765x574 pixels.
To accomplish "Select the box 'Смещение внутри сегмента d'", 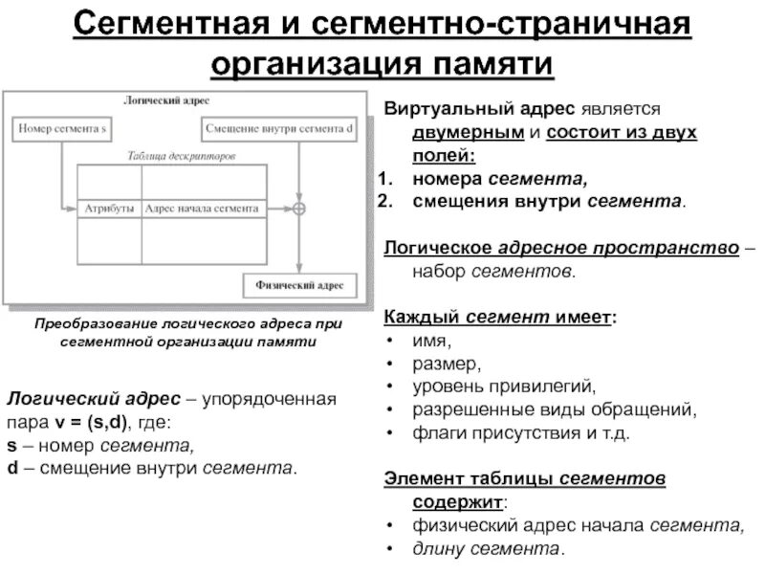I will [278, 127].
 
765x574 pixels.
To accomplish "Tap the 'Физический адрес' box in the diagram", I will [299, 284].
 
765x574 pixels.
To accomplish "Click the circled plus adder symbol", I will [299, 208].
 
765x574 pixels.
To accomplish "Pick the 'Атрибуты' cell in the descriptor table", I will [108, 208].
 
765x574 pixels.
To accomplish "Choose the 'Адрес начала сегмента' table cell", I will [202, 208].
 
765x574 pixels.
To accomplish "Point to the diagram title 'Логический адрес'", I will [180, 99].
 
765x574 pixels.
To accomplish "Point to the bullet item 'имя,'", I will [428, 341].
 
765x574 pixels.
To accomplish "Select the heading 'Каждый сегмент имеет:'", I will [500, 318].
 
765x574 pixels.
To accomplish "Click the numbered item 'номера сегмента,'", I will [500, 178].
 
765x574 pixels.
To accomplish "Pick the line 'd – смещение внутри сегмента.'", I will [152, 468].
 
